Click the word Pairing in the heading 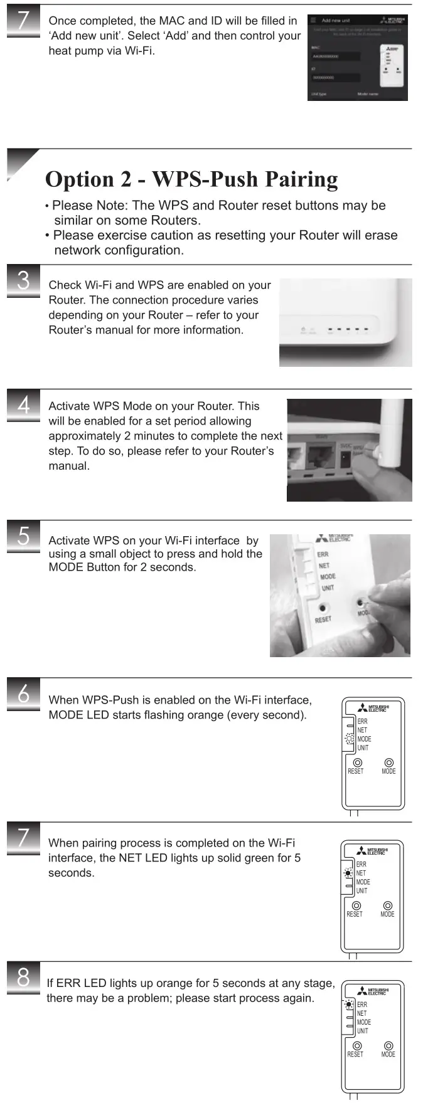(301, 179)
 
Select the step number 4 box (23, 405)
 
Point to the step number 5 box (23, 536)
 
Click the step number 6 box (23, 694)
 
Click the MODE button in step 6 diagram (389, 763)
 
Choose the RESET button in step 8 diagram (357, 1045)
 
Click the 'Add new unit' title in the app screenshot (335, 21)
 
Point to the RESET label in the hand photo (323, 620)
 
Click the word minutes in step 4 (150, 436)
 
